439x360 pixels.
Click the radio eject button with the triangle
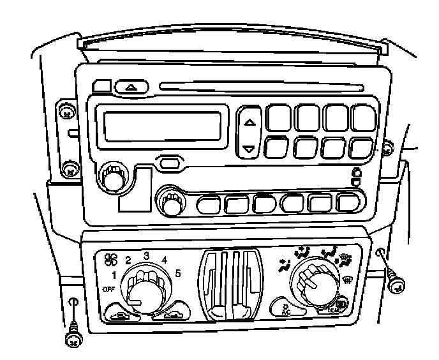click(131, 86)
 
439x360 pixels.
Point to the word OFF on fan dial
click(108, 290)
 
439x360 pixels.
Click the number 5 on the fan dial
click(178, 273)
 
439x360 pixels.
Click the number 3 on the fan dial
click(146, 256)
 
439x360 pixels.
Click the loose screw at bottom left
click(74, 338)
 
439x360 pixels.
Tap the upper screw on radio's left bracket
click(66, 113)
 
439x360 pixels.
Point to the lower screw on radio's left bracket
click(68, 169)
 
